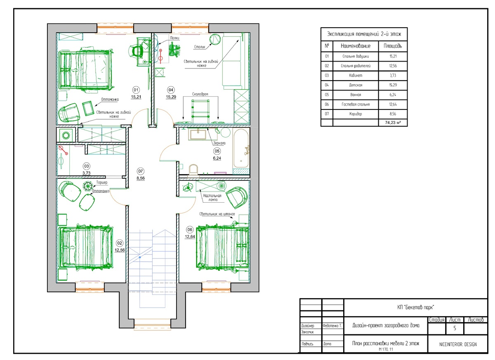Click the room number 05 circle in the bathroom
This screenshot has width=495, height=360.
pos(217,151)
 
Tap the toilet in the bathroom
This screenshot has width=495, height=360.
pos(194,171)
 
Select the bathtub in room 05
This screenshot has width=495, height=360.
pos(241,148)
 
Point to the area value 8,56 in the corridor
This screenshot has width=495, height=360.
pos(141,178)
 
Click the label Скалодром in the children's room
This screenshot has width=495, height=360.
pos(200,94)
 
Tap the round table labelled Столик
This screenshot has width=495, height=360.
pos(215,40)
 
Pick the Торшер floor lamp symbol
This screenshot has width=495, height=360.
pos(88,186)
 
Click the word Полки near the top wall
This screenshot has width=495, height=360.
pos(174,38)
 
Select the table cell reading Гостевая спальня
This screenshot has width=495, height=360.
pos(356,104)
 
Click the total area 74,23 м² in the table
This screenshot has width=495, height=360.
pos(393,123)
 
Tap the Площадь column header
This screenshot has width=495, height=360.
pos(393,46)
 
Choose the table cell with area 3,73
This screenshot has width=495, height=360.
pos(393,76)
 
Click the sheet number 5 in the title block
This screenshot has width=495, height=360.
pos(455,328)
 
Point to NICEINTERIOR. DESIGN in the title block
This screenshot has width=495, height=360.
pos(458,345)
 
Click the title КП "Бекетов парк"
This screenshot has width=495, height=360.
pos(415,308)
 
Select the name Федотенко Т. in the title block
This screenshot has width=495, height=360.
pos(332,326)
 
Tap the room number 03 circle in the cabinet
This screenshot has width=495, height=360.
pos(86,166)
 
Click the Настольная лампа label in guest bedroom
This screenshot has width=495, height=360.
pos(212,198)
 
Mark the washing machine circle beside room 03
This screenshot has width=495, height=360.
pos(66,135)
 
